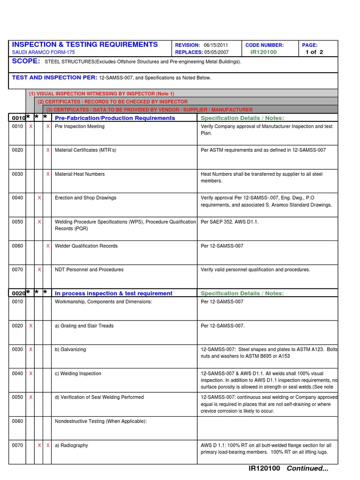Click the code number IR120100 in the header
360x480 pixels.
(x=263, y=52)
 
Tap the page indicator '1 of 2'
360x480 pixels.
(x=314, y=52)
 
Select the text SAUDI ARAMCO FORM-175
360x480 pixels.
(x=43, y=52)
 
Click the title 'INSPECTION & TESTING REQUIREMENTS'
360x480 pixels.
(x=85, y=45)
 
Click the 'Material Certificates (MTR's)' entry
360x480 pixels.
(x=85, y=150)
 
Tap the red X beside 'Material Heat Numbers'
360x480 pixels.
(x=48, y=174)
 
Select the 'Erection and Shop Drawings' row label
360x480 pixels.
(x=85, y=198)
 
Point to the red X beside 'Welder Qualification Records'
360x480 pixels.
(x=48, y=246)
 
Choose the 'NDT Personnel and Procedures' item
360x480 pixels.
(x=89, y=270)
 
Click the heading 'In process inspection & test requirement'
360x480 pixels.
(x=113, y=293)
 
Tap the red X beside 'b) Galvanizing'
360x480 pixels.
(x=31, y=350)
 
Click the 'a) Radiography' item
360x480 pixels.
(x=71, y=445)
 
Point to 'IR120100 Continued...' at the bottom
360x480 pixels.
(x=288, y=468)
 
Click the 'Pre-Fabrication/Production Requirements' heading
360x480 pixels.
(x=115, y=118)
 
